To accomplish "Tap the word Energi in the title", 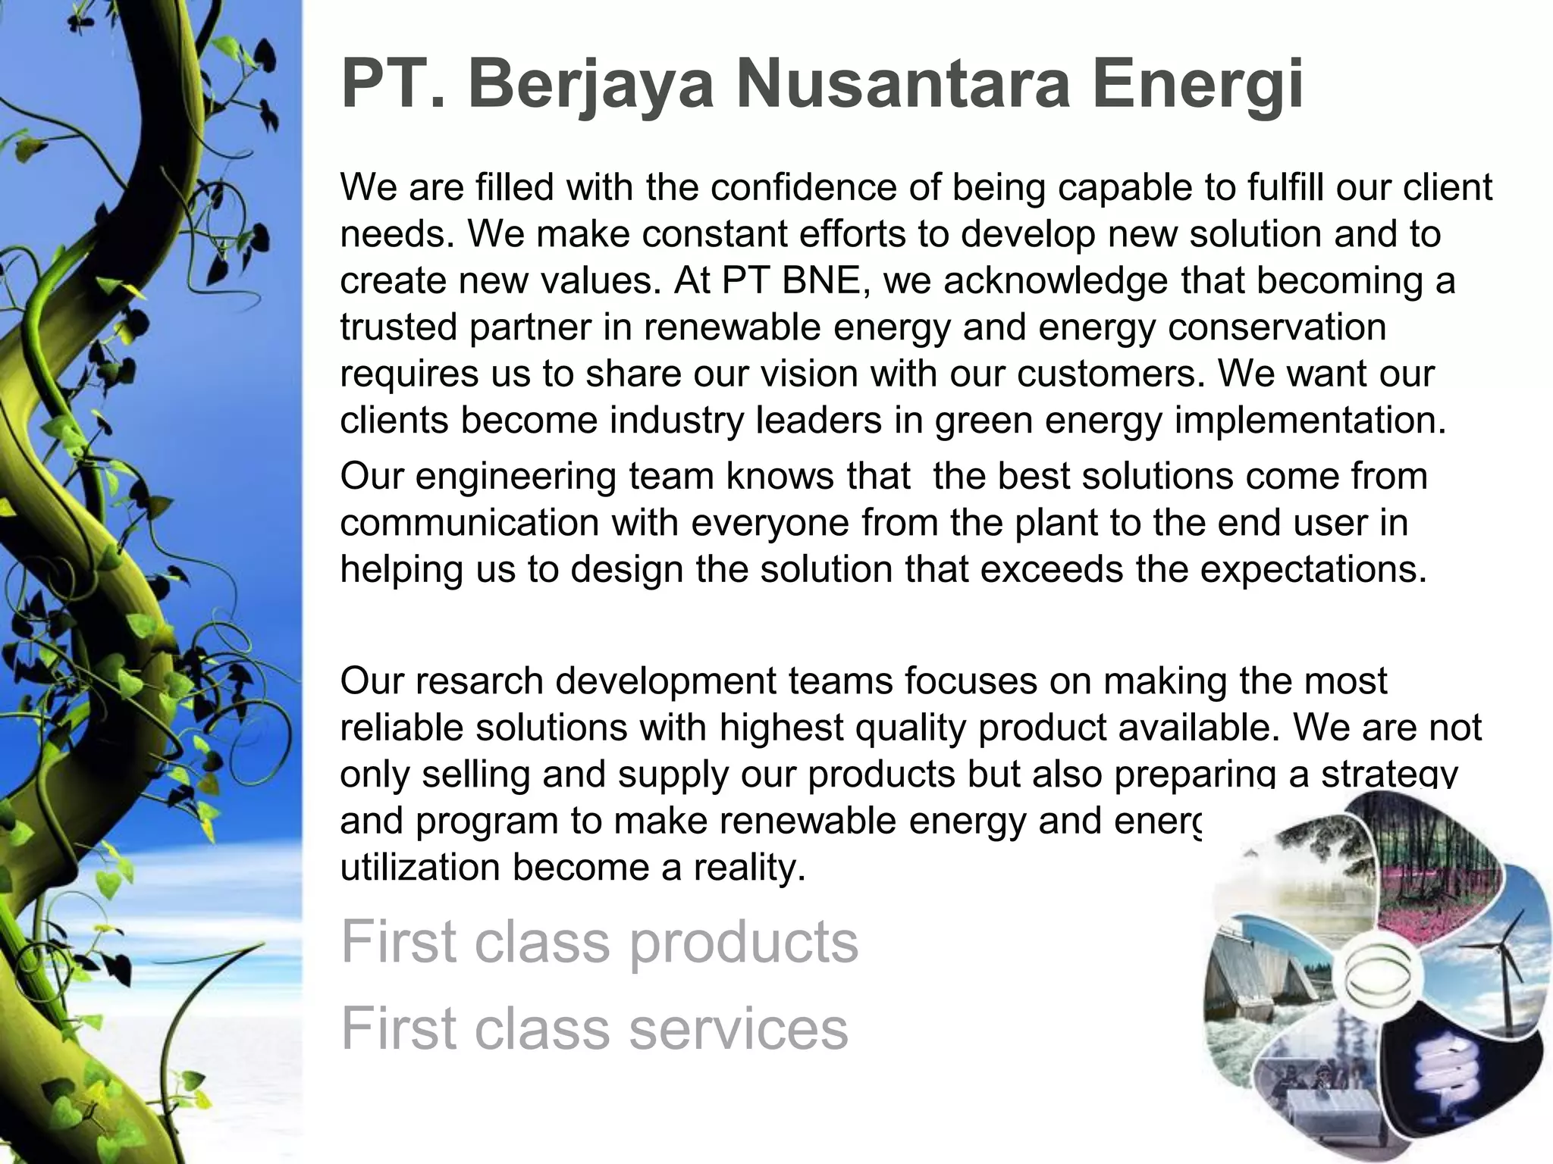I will click(x=1197, y=85).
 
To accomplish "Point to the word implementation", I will click(x=1310, y=421).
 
